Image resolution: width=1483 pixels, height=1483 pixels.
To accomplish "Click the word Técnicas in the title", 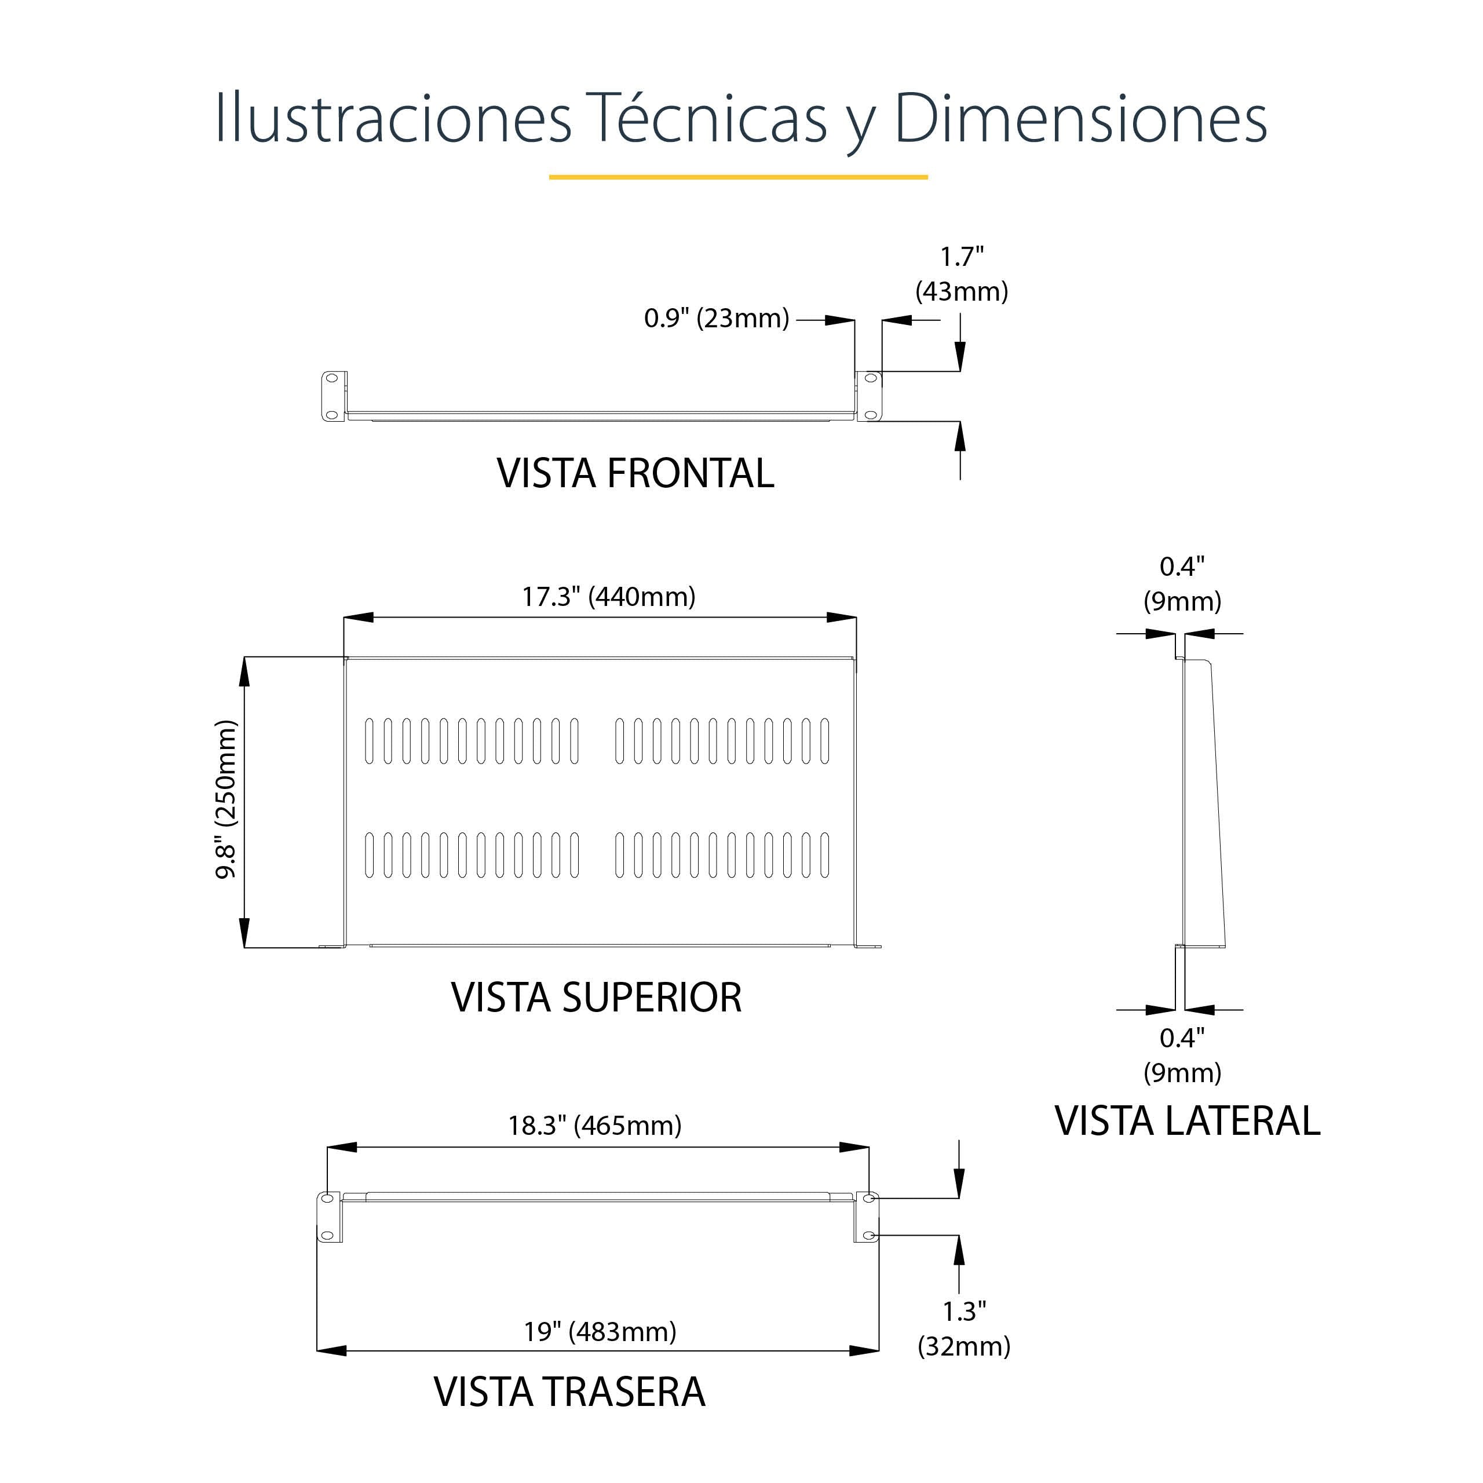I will click(706, 119).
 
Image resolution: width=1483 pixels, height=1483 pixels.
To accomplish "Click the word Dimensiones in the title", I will click(1080, 119).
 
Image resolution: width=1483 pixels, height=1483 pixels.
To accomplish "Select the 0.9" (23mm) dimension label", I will click(716, 318).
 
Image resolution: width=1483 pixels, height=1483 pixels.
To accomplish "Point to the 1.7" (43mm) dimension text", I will click(961, 274).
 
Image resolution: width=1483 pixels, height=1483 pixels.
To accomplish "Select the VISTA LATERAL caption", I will click(1187, 1122).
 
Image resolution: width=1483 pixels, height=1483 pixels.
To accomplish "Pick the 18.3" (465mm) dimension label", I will click(594, 1126).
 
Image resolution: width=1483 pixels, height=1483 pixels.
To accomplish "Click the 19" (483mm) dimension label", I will click(600, 1332).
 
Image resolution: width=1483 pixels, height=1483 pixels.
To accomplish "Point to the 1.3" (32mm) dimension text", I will click(963, 1329).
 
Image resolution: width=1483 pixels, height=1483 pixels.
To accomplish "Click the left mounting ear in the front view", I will click(333, 396).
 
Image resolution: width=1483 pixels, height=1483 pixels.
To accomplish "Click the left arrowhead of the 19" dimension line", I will click(331, 1351).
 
